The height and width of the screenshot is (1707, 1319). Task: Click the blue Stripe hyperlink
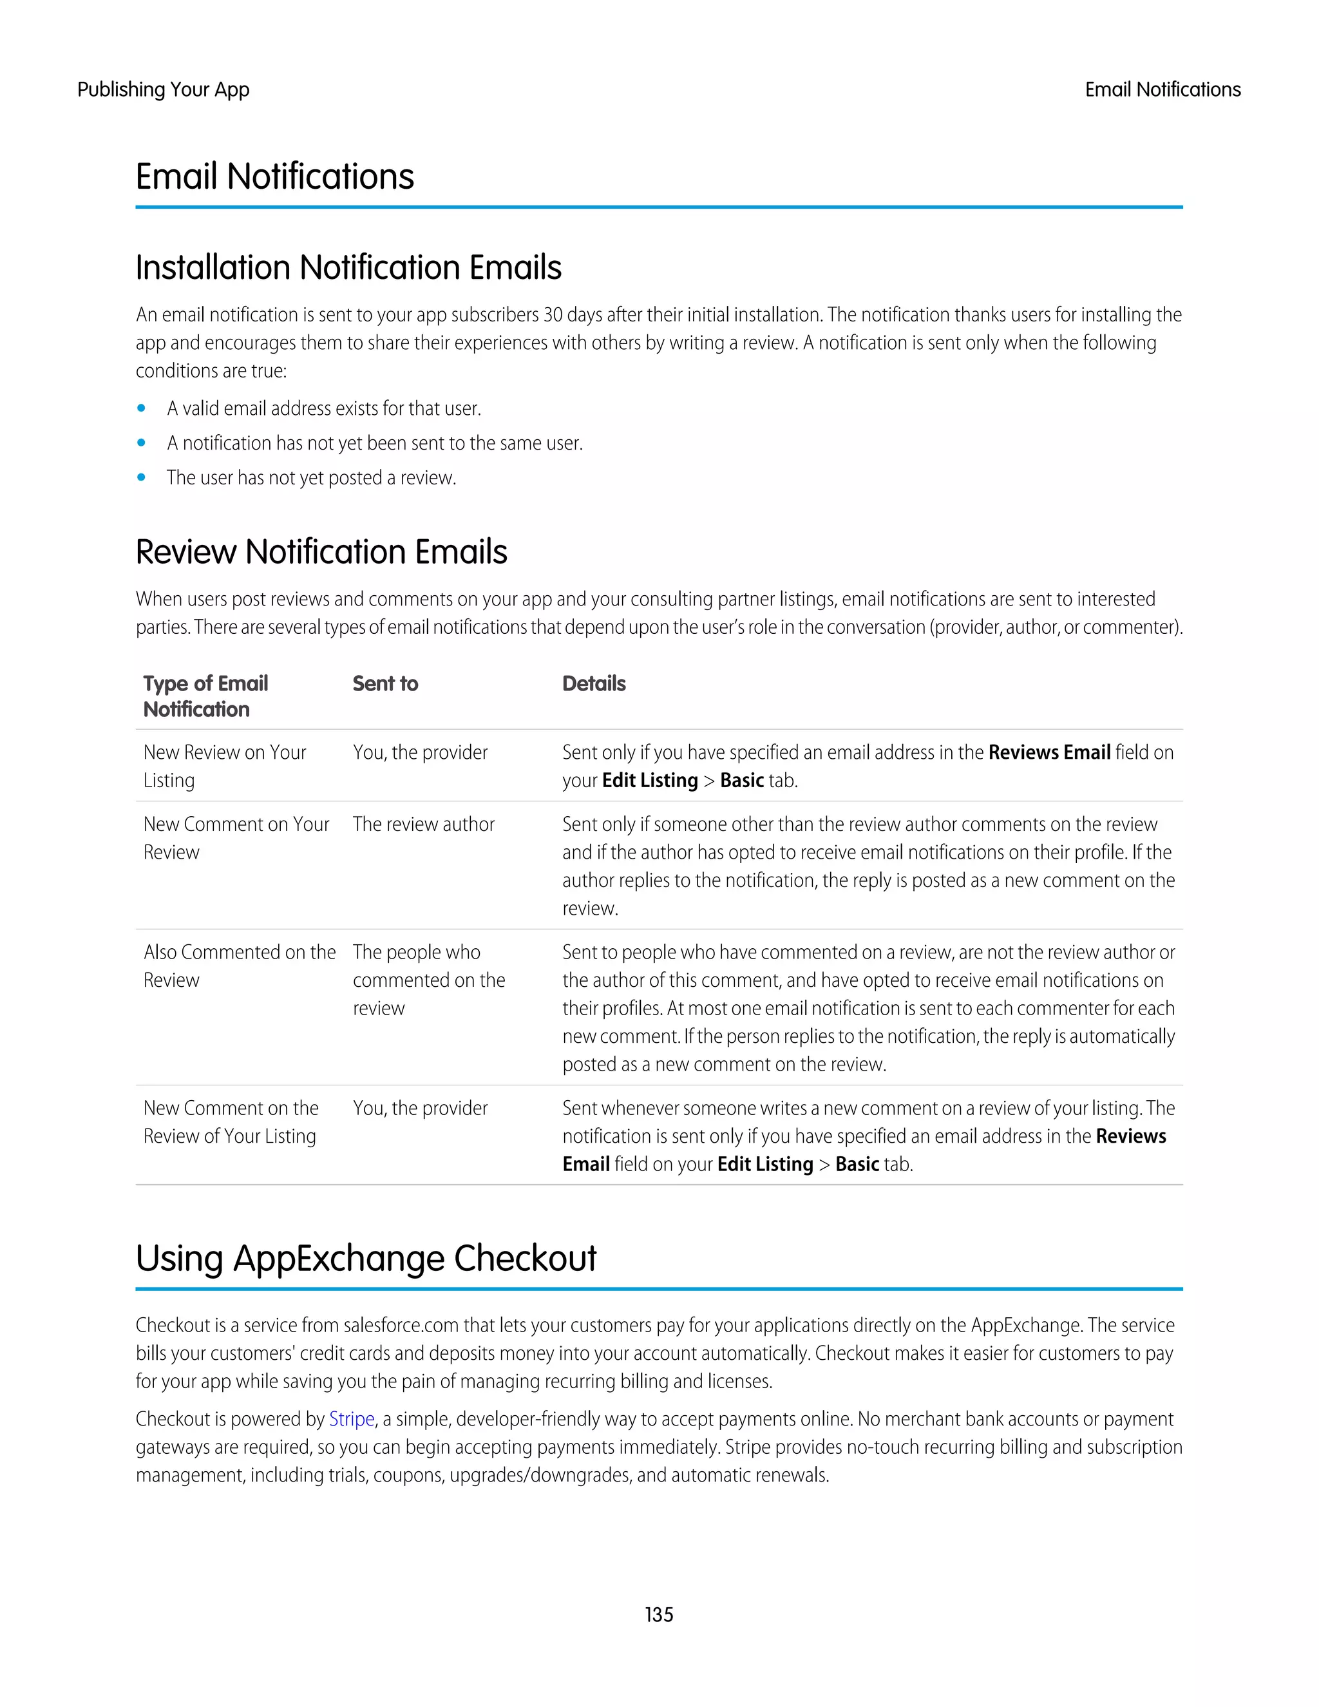coord(351,1418)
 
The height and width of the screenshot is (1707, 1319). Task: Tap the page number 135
coord(659,1614)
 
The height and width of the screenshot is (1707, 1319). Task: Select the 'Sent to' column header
coord(385,684)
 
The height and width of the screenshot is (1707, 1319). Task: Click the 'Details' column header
coord(594,684)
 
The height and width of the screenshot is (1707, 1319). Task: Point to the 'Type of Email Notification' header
coord(205,696)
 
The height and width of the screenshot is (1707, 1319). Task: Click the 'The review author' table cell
coord(424,824)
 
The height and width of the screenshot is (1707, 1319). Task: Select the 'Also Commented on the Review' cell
coord(239,966)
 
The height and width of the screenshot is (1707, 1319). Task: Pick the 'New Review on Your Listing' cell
coord(224,766)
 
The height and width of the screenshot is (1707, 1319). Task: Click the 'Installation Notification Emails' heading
coord(348,267)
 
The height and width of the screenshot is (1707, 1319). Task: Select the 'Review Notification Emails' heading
coord(321,552)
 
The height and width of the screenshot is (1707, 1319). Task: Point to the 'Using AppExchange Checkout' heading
coord(366,1259)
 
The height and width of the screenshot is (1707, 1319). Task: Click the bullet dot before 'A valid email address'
coord(142,408)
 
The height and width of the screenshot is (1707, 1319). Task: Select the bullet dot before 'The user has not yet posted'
coord(142,477)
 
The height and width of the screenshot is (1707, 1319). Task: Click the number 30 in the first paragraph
coord(553,314)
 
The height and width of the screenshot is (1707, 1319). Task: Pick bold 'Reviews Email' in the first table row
coord(1049,752)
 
